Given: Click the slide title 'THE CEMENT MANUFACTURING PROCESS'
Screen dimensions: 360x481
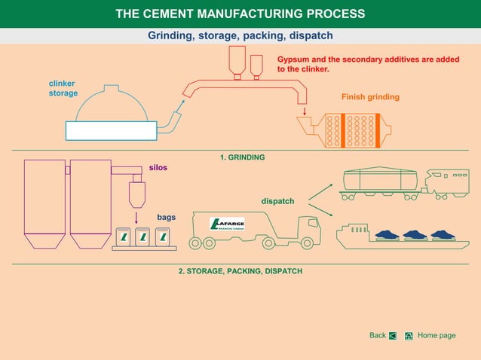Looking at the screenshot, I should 240,14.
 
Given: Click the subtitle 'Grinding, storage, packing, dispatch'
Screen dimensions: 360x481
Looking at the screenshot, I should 240,35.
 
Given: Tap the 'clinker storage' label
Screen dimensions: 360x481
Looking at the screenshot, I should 63,88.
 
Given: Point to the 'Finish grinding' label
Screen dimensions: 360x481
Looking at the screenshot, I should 370,97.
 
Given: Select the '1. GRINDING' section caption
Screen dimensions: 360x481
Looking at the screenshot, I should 242,157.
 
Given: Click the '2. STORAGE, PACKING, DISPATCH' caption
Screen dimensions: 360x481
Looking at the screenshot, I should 240,270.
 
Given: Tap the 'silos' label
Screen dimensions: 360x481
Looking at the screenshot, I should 158,167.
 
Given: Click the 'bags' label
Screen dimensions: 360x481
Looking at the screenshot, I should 166,217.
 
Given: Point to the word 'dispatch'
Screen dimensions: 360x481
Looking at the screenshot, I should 277,201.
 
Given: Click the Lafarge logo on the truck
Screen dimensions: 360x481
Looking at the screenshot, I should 225,224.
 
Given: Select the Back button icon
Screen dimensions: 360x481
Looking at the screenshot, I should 393,336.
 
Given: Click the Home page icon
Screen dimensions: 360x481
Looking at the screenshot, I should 408,336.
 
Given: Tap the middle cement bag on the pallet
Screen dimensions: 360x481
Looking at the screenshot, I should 142,237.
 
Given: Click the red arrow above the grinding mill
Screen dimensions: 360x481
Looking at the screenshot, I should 305,111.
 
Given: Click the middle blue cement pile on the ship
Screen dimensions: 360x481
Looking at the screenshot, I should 415,234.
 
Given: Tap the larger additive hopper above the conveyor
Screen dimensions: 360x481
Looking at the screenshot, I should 237,59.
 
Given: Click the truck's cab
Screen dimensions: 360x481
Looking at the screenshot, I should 308,229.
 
